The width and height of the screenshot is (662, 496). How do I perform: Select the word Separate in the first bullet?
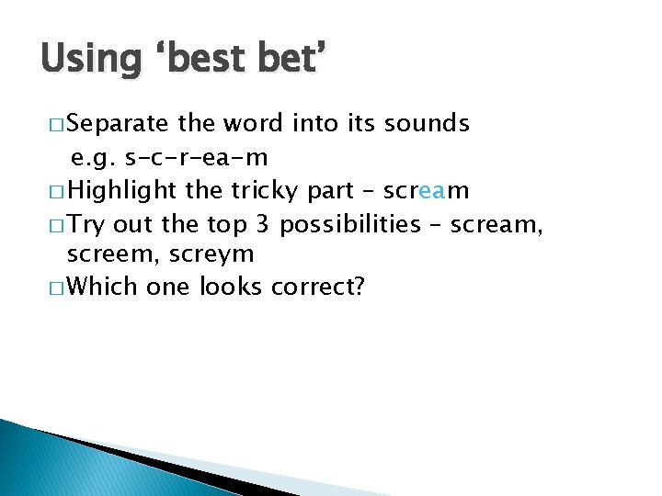(118, 123)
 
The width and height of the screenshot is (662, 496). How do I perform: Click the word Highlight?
(122, 190)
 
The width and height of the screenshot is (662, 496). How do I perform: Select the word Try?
(88, 223)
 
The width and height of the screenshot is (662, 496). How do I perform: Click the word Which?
(103, 287)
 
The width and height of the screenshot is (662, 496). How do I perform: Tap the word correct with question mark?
(318, 287)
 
